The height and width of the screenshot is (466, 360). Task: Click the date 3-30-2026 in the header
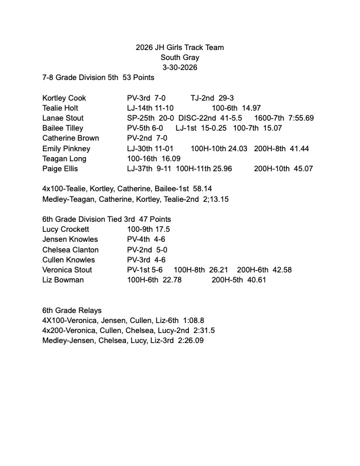[x=179, y=68]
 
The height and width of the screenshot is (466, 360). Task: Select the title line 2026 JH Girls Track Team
[x=179, y=48]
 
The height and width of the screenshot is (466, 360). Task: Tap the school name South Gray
[x=179, y=58]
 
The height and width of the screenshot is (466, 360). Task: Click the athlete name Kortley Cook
[x=64, y=98]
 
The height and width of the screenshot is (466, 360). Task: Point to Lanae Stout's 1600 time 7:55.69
[x=301, y=118]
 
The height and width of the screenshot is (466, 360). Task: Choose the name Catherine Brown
[x=71, y=138]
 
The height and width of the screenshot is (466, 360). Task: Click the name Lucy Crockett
[x=66, y=229]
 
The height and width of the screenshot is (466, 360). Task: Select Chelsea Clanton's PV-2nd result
[x=142, y=249]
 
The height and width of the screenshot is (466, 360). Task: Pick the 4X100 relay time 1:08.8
[x=192, y=320]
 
